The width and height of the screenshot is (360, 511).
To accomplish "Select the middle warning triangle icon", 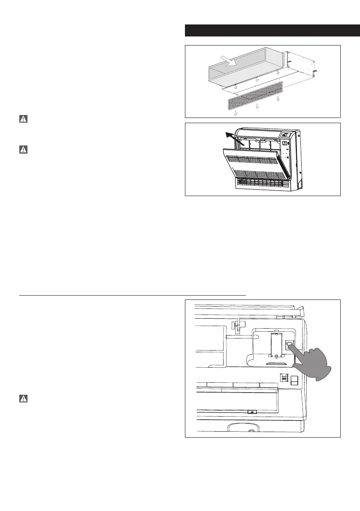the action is [24, 150].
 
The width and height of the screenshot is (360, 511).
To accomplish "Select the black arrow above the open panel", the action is [233, 139].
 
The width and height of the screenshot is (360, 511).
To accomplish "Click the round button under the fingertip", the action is [290, 343].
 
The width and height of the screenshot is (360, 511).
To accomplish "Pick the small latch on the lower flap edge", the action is [252, 411].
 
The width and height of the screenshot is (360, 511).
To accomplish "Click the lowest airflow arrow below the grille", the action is [236, 114].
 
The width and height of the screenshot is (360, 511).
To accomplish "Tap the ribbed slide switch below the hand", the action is [283, 378].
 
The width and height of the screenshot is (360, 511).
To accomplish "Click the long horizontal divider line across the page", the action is [133, 296].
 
